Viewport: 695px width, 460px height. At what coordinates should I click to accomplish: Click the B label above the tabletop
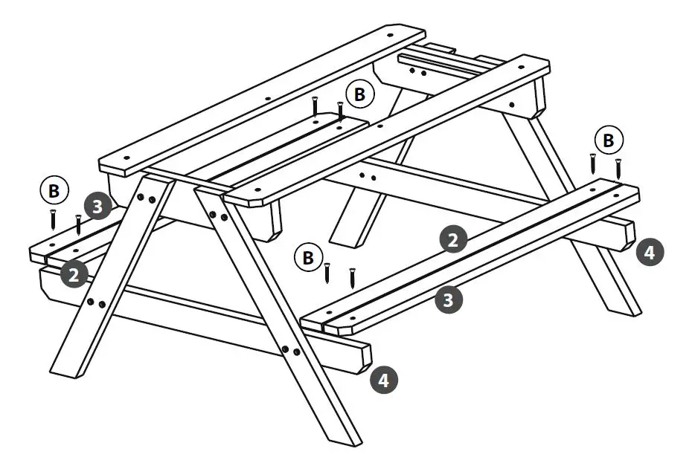(x=360, y=94)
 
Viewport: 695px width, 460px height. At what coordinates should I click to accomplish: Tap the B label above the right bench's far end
(x=609, y=140)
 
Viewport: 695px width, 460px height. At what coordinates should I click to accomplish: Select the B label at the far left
(x=54, y=191)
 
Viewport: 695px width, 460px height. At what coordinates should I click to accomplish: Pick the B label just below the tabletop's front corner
(x=307, y=258)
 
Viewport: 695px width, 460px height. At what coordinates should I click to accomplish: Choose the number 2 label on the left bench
(x=74, y=275)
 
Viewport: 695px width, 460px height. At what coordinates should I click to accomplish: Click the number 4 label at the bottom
(x=383, y=380)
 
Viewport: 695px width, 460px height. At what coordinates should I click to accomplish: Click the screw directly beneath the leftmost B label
(x=54, y=219)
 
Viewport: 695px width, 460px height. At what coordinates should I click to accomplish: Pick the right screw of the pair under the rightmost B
(x=618, y=167)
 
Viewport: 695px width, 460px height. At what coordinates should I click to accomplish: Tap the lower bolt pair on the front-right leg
(x=291, y=349)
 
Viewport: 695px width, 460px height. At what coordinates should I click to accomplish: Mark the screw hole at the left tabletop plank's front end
(x=126, y=158)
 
